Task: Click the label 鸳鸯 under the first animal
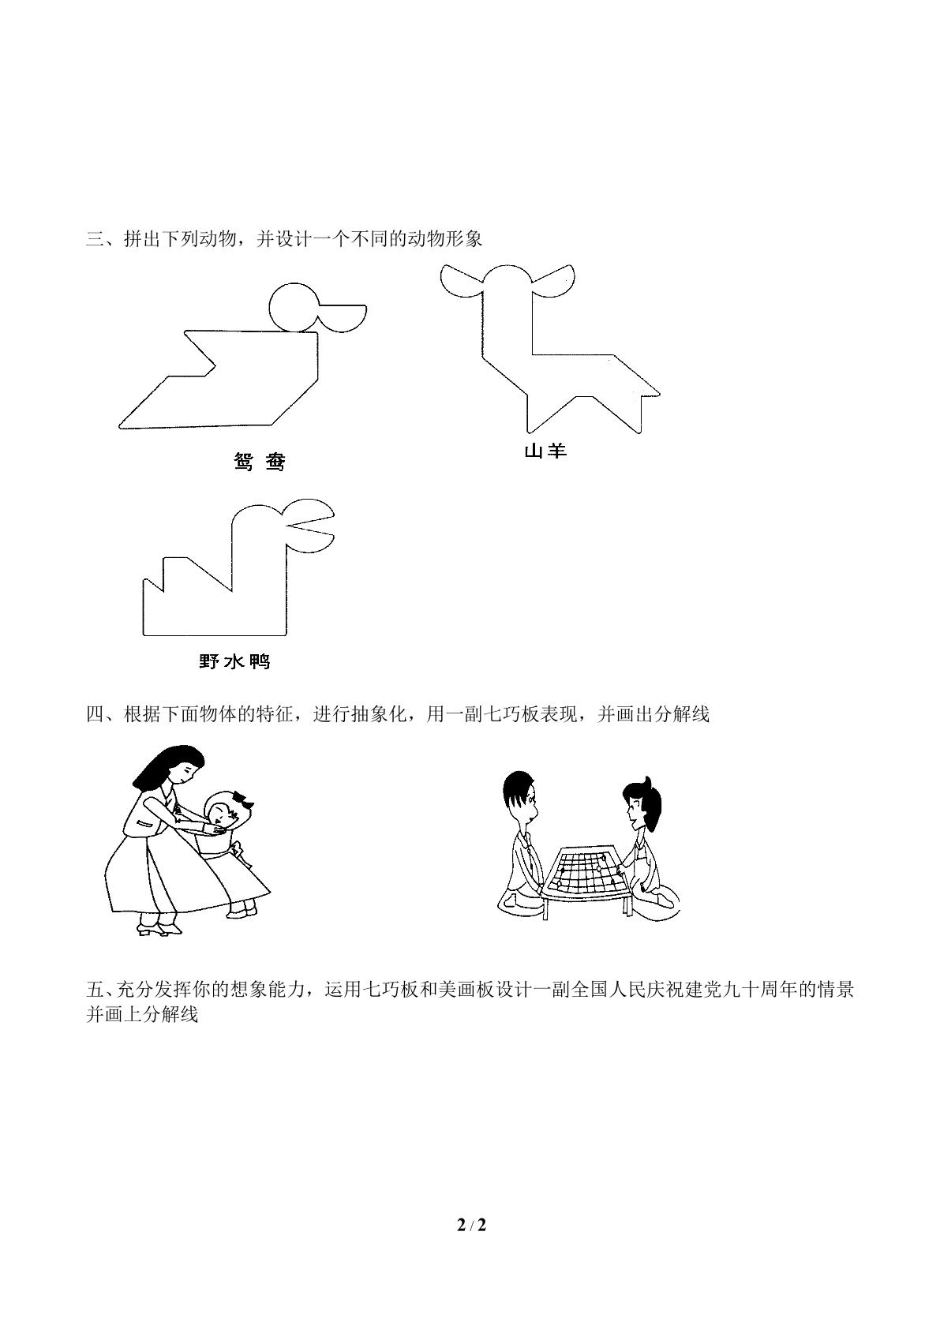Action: coord(260,462)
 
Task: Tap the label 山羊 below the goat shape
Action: coord(545,451)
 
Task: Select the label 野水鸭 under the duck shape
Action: coord(234,661)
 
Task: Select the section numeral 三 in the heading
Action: coord(95,240)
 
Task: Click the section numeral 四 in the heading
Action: coord(95,714)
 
